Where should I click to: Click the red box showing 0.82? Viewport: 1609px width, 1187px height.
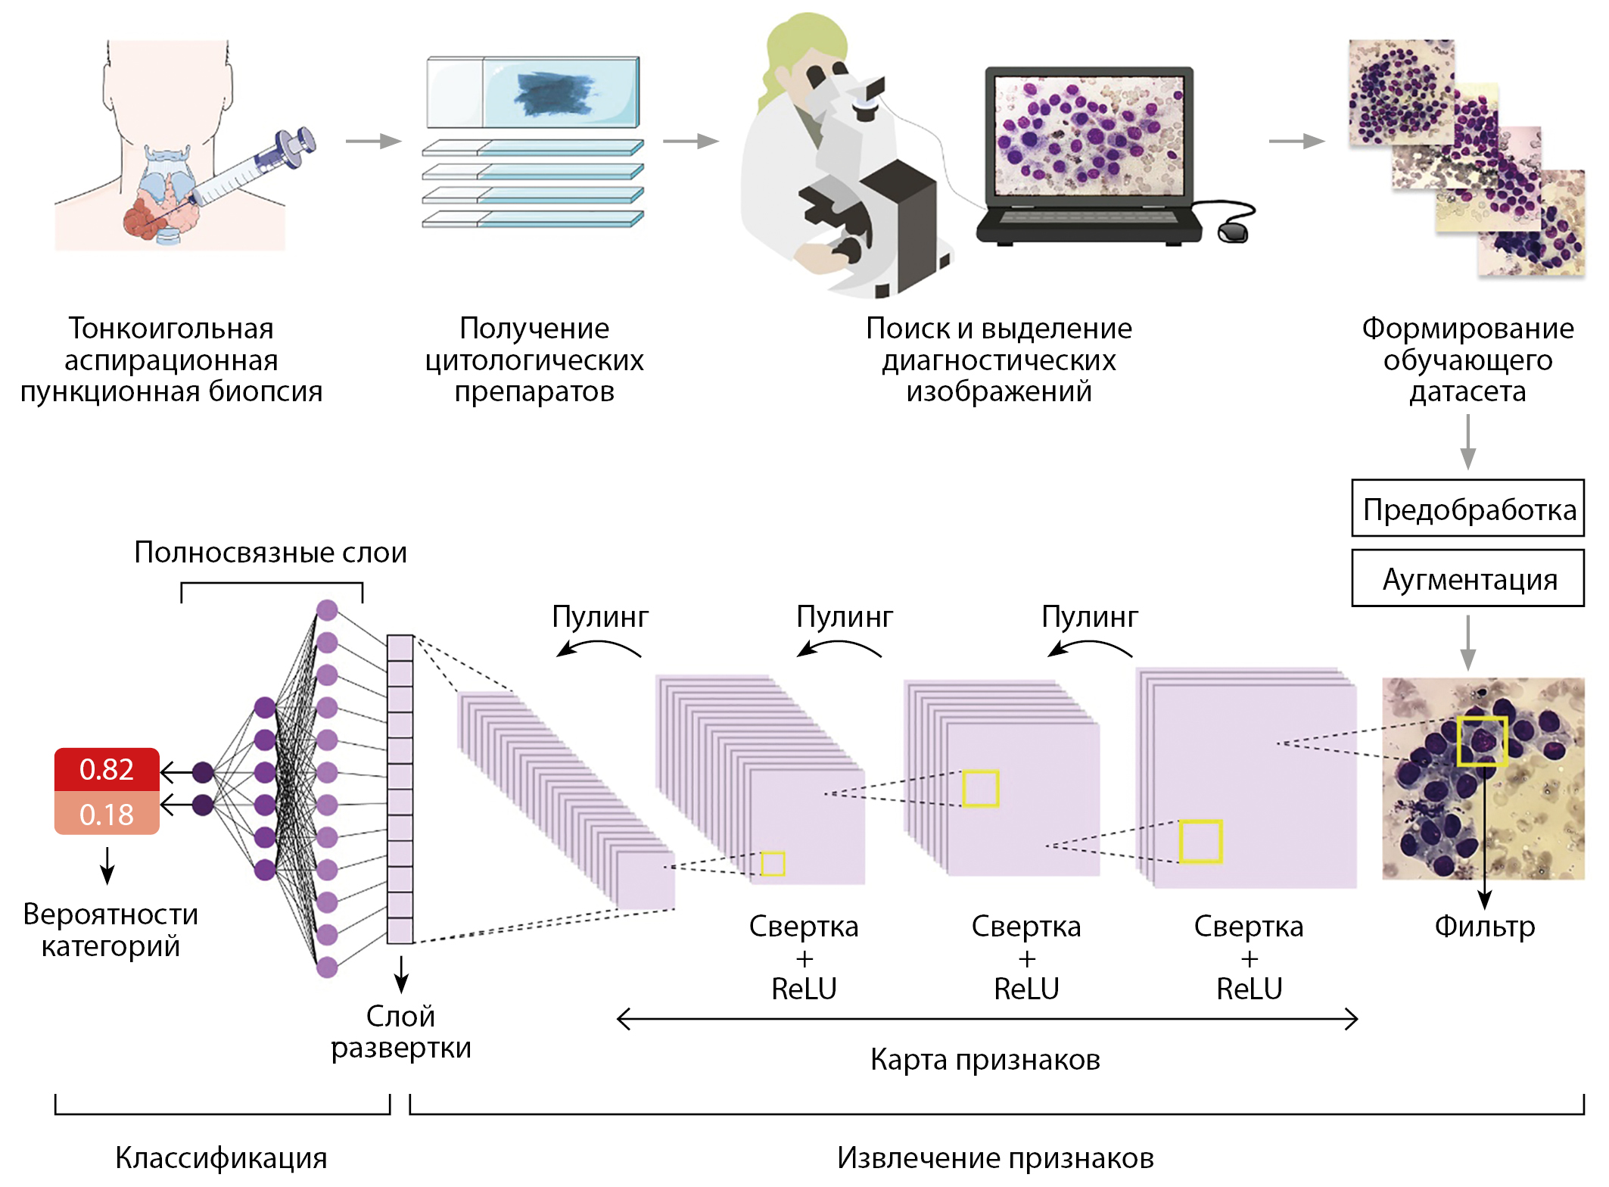coord(106,769)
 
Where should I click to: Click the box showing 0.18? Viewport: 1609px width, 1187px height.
coord(106,814)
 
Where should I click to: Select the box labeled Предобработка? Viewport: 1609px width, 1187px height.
coord(1467,509)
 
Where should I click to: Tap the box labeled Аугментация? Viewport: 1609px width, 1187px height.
coord(1467,579)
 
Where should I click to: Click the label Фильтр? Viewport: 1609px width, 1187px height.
coord(1484,926)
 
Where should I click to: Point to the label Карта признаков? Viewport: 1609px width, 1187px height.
coord(985,1059)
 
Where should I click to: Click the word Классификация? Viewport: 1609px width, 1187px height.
coord(221,1157)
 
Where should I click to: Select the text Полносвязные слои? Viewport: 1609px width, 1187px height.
coord(270,553)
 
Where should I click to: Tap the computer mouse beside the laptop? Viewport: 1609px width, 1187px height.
coord(1233,231)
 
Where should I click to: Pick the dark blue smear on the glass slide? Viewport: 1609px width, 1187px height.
coord(552,95)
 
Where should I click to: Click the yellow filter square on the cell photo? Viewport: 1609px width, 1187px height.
coord(1482,740)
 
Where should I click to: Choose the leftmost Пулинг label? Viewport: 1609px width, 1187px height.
coord(600,617)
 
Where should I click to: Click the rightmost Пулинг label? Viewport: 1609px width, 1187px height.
coord(1089,617)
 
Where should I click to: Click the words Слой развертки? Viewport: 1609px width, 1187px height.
coord(401,1032)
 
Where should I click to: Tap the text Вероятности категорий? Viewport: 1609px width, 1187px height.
coord(110,930)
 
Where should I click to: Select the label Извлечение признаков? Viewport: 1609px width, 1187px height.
coord(995,1157)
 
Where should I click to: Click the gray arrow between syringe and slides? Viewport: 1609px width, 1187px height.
coord(373,141)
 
